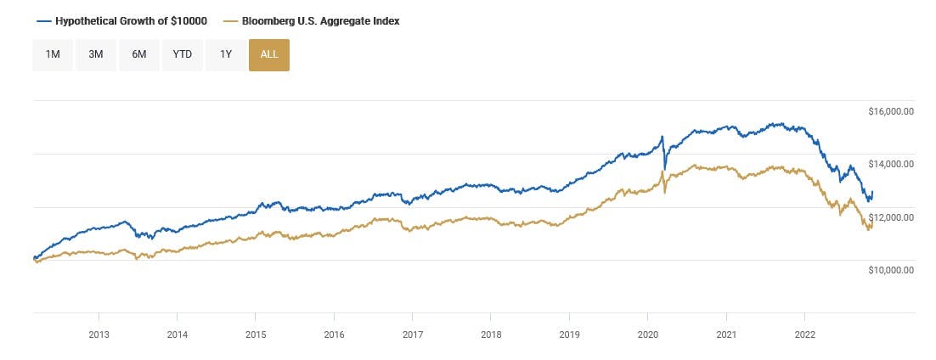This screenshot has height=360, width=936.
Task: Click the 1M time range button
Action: point(53,54)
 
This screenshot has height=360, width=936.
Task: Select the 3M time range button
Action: point(96,54)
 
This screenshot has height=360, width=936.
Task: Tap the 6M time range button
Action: point(139,54)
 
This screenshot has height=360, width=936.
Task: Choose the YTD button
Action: point(183,54)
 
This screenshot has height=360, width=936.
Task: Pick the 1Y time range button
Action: point(225,54)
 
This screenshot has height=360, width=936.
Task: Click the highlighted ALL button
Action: point(268,54)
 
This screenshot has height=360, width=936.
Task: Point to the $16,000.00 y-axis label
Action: point(890,111)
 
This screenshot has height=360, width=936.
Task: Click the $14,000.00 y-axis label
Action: point(890,164)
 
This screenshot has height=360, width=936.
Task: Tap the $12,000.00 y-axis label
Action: point(890,217)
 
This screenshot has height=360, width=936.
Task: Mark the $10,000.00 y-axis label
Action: point(890,270)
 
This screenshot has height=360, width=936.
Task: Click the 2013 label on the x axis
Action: point(99,335)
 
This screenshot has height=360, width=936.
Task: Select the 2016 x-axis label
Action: point(335,335)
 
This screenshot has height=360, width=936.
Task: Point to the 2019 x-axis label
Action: point(570,335)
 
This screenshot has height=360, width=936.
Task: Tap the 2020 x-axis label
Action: point(648,335)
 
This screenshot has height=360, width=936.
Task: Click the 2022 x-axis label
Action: point(805,335)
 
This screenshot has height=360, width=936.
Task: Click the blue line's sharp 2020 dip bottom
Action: point(665,166)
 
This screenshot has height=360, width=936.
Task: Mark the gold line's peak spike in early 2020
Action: point(661,172)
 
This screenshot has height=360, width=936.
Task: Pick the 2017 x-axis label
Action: point(413,335)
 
